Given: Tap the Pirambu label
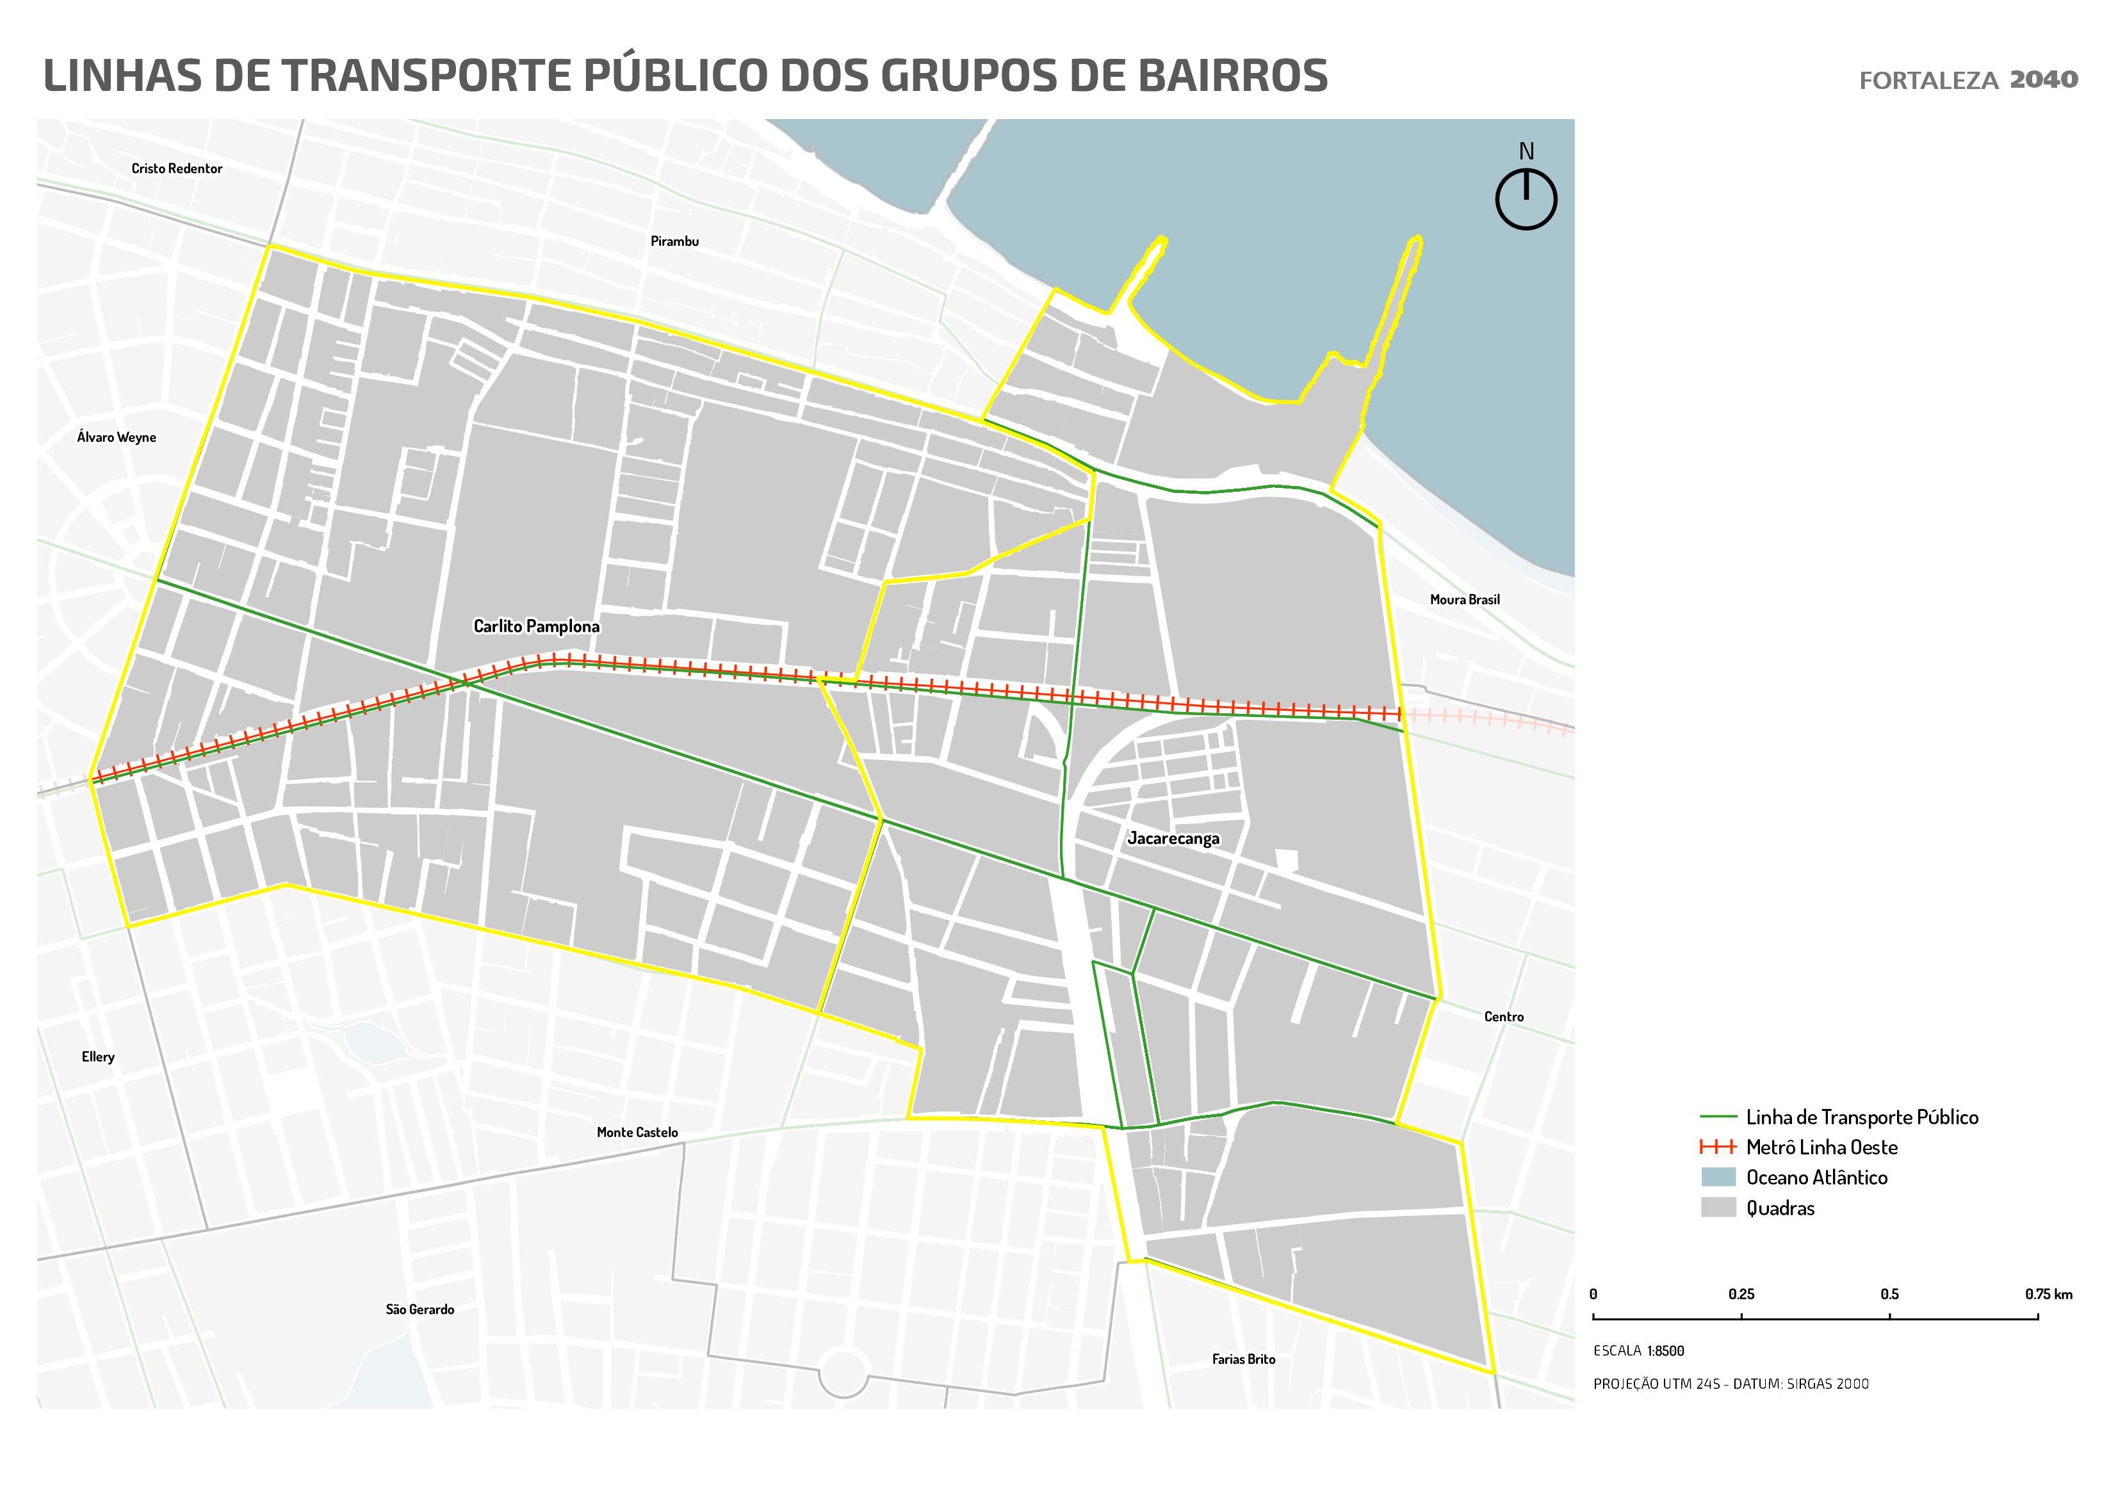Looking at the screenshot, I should coord(674,241).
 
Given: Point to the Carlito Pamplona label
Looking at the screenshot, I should coord(536,626).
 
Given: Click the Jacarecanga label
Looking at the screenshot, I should coord(1173,838).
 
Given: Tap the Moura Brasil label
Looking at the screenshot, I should coord(1464,599).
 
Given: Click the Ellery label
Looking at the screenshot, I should coord(98,1057).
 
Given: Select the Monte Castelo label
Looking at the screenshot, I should coord(637,1133).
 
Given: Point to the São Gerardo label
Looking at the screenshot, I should coord(420,1310).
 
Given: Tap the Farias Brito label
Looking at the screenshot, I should coord(1242,1359).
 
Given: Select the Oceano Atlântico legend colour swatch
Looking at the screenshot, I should coord(1718,1177).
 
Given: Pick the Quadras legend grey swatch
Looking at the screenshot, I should coord(1718,1208).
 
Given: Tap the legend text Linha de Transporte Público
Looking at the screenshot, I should coord(1862,1117).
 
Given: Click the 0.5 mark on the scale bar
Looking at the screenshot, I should coord(1889,1295).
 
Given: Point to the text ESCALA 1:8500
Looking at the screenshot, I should coord(1638,1351).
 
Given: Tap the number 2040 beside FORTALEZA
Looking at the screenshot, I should coord(2043,80).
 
